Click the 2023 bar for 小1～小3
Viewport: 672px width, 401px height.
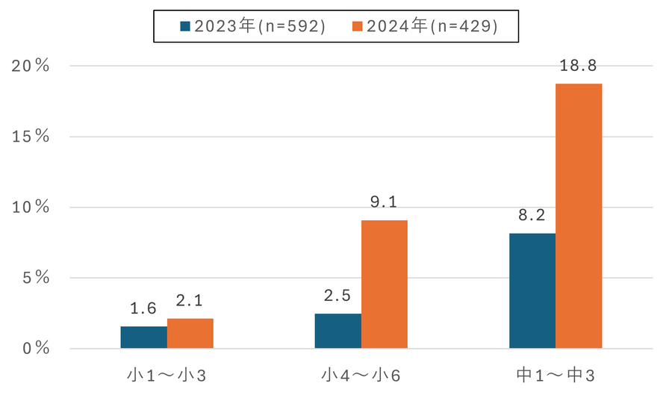[x=143, y=338]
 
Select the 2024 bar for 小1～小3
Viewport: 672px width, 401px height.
[x=190, y=334]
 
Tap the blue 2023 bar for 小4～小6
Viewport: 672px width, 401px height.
[x=337, y=331]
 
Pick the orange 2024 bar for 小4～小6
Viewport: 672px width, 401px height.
[x=385, y=285]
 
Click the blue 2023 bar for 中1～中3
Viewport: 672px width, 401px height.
[x=532, y=290]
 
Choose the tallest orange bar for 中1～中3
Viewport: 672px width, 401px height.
[x=579, y=216]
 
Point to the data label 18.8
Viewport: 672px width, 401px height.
[x=579, y=66]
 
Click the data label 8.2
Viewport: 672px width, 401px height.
[x=532, y=216]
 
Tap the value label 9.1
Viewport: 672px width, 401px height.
[x=385, y=202]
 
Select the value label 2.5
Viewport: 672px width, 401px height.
[x=337, y=296]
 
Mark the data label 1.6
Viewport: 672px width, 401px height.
[x=143, y=308]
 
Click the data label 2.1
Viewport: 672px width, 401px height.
[x=190, y=301]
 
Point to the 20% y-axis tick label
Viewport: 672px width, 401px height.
[x=31, y=66]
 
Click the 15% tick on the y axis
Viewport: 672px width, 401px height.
[x=31, y=137]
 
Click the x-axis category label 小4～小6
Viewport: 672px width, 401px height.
[x=361, y=375]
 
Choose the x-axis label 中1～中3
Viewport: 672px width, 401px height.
[x=556, y=375]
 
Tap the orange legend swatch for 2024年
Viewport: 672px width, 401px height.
[x=356, y=27]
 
